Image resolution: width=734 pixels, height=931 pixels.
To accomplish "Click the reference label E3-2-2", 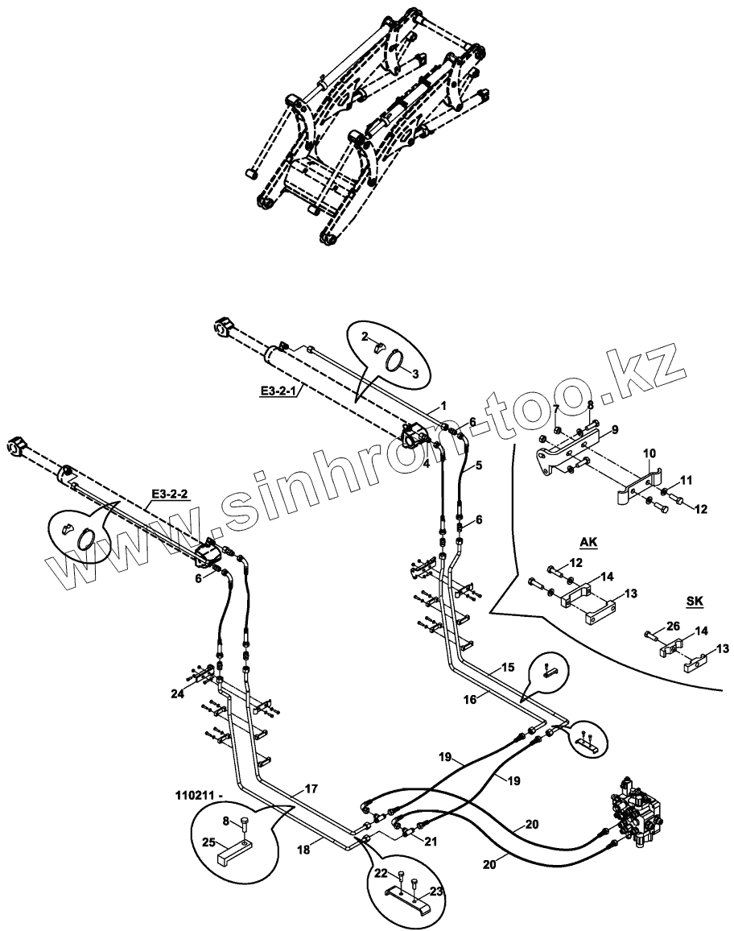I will (x=168, y=494).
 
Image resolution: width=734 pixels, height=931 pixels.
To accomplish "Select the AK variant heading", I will (x=589, y=543).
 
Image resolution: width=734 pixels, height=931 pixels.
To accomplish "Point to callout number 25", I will (x=208, y=843).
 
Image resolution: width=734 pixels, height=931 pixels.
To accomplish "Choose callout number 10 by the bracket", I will (x=648, y=456).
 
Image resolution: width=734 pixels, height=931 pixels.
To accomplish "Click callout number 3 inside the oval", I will (x=415, y=373).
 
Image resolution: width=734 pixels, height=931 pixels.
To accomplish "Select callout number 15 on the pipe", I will (x=507, y=668).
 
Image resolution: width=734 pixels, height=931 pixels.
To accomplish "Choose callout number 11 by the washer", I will (x=685, y=480).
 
